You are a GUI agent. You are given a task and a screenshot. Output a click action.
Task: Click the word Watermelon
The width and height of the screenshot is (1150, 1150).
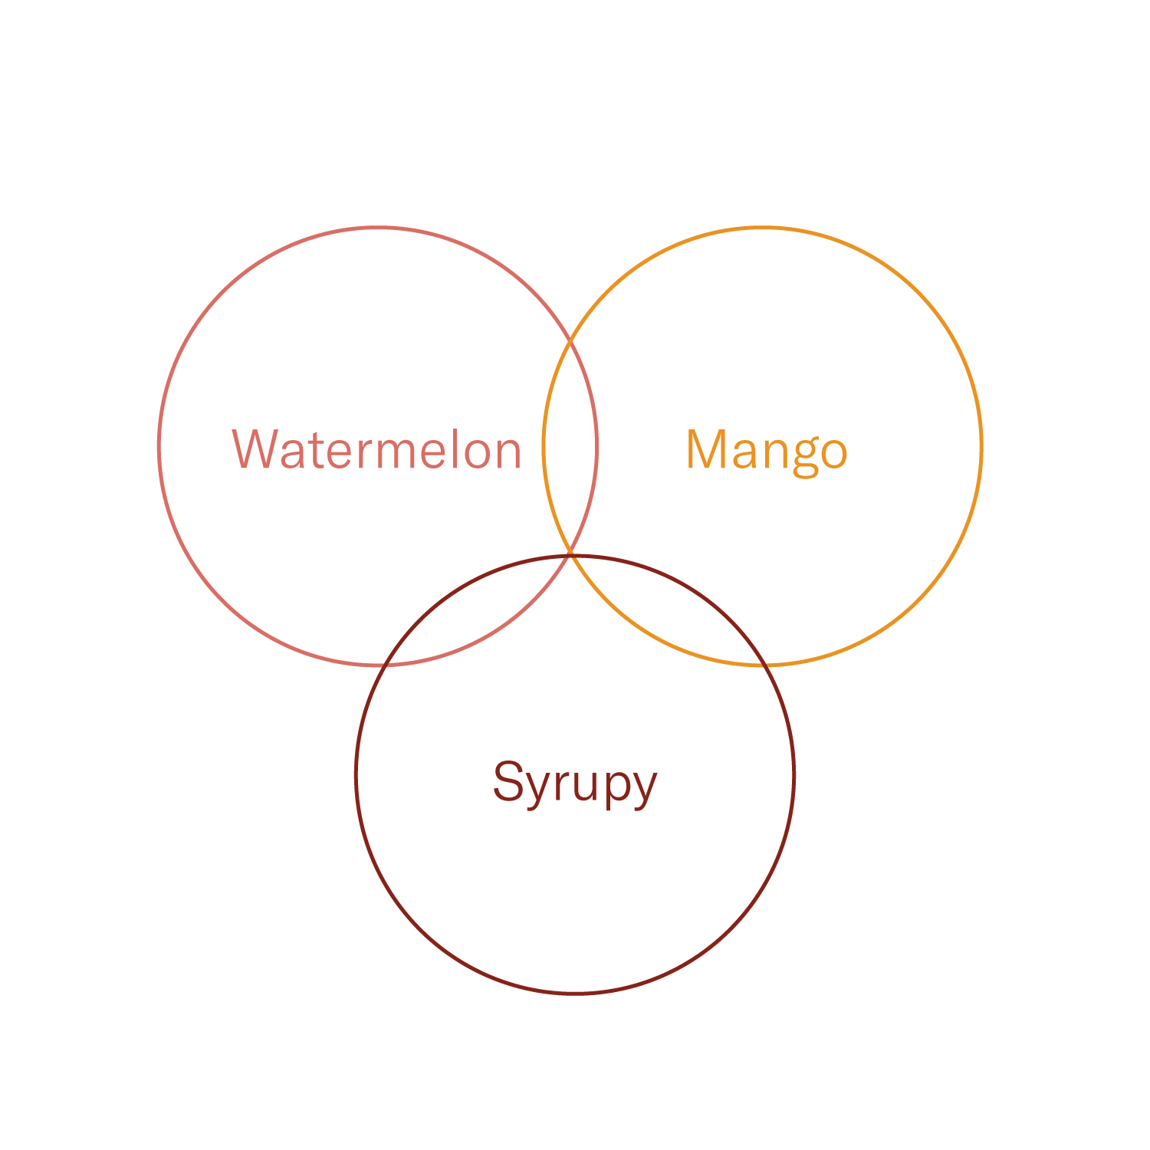point(376,450)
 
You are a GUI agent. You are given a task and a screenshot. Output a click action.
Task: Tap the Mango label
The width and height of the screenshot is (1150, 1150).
point(767,451)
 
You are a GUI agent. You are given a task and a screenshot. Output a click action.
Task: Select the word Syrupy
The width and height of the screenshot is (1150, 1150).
point(575,783)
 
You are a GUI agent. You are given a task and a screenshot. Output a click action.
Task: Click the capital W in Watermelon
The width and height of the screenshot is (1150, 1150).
point(256,449)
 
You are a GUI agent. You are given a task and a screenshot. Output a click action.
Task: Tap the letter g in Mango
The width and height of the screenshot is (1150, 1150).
point(805,455)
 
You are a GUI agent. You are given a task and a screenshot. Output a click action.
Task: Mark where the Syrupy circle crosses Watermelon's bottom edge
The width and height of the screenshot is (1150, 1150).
point(388,665)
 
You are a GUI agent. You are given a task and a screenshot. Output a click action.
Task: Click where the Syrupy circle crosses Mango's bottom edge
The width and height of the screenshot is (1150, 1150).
point(761,664)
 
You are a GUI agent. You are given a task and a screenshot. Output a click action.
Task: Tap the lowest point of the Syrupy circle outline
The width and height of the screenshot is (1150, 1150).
point(575,993)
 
